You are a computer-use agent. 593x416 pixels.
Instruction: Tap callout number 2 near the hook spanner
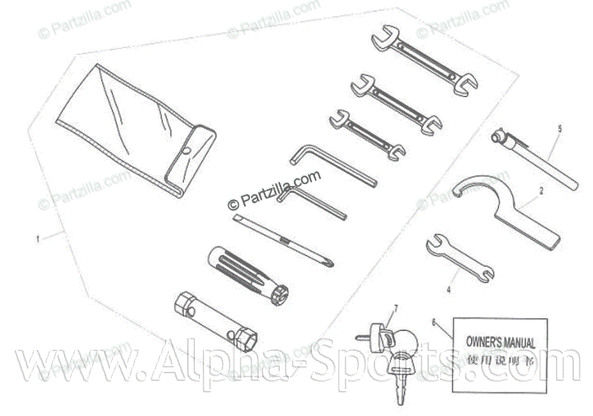click(x=541, y=190)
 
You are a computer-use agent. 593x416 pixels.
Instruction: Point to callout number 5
click(x=560, y=128)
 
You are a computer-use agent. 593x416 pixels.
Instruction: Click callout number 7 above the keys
click(x=396, y=308)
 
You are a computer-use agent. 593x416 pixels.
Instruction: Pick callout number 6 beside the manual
click(x=435, y=323)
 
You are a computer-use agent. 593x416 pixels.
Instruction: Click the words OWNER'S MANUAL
click(x=500, y=343)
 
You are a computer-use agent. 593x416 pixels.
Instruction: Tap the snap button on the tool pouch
click(x=187, y=151)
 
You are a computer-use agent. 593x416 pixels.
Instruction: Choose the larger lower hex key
click(x=313, y=202)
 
